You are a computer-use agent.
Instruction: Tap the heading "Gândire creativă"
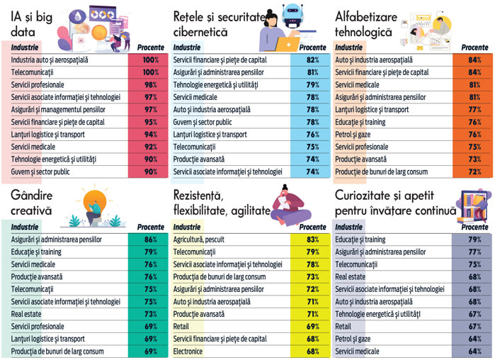(32, 201)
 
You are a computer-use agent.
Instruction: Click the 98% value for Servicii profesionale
(149, 85)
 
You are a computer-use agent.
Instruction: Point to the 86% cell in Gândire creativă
(149, 240)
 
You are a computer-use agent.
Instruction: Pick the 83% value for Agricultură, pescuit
(312, 240)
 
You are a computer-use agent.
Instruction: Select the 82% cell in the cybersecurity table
(312, 60)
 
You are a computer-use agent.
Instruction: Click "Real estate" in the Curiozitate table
(351, 276)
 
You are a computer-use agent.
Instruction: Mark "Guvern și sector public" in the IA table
(44, 171)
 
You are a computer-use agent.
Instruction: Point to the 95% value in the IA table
(149, 122)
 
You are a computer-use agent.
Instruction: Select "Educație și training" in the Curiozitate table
(360, 240)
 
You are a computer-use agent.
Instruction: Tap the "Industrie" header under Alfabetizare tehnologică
(348, 47)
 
